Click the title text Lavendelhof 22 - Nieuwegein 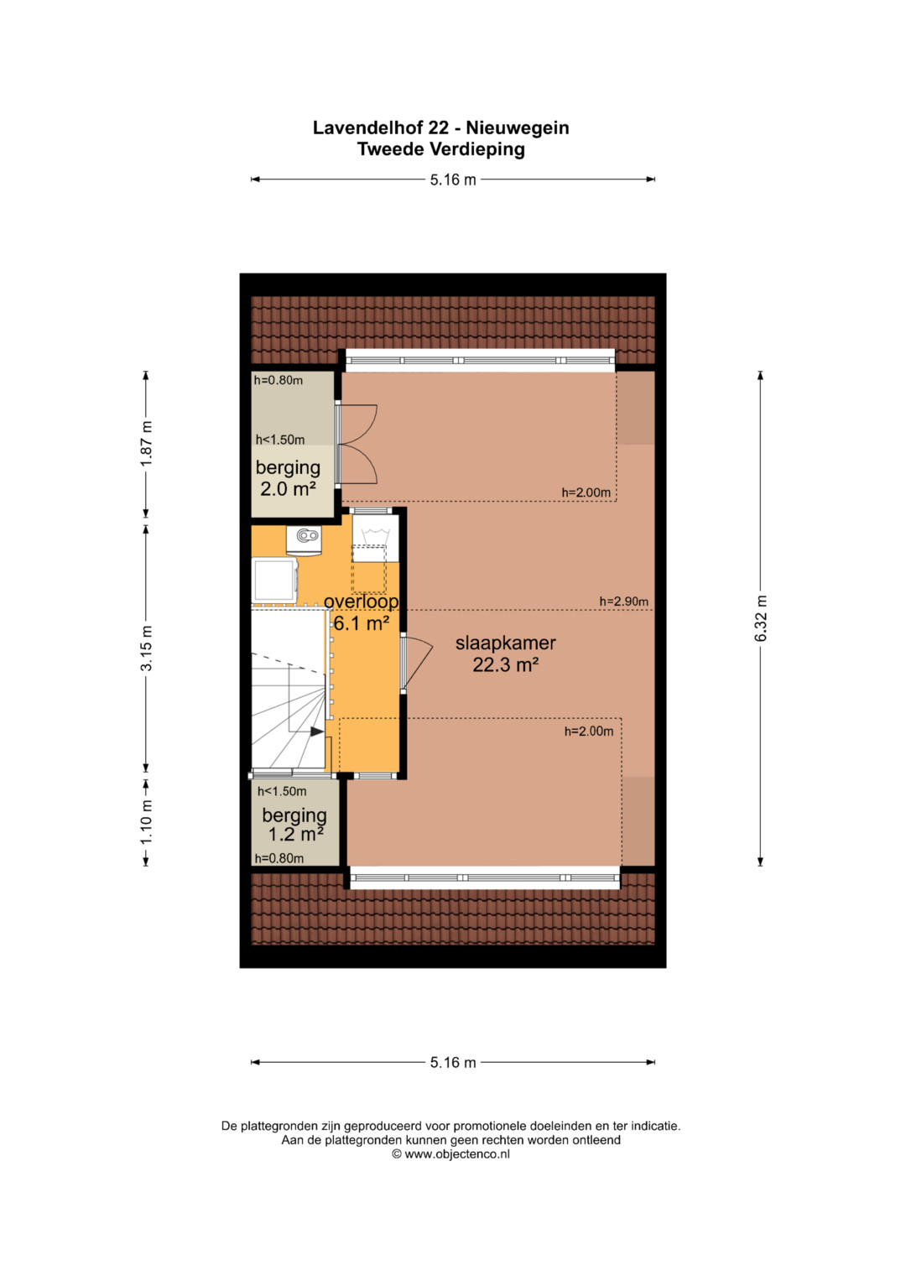point(440,128)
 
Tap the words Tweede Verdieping point(441,149)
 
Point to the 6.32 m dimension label point(761,618)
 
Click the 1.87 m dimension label point(147,443)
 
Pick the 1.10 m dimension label point(147,821)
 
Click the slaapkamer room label point(506,643)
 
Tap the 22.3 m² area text point(506,664)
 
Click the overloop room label point(362,601)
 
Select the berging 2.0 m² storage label point(288,478)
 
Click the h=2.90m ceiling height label point(623,601)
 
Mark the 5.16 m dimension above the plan point(453,180)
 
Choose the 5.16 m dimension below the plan point(453,1063)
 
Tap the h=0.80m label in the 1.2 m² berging point(279,858)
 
